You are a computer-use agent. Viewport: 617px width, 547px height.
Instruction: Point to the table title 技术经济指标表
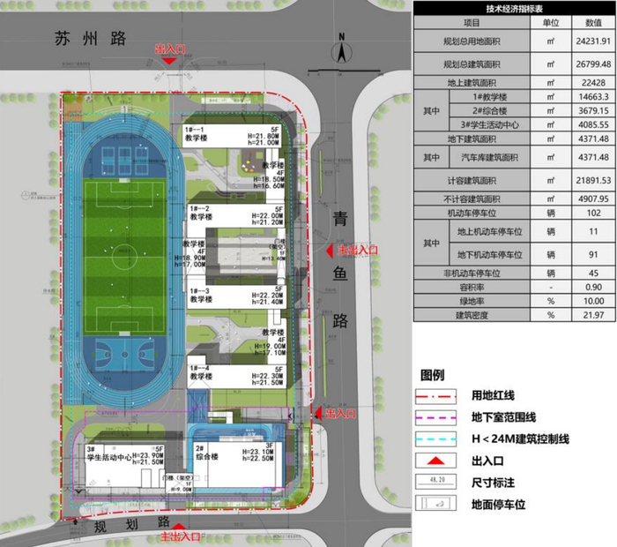(x=513, y=8)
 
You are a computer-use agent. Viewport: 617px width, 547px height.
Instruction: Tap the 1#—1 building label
(x=196, y=129)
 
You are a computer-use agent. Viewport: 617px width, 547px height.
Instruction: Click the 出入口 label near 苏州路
(x=173, y=49)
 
